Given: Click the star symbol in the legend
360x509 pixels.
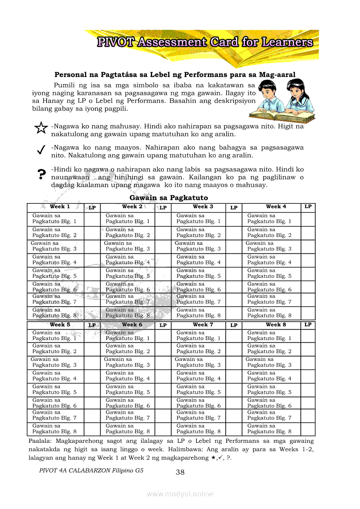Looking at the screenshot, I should [x=41, y=128].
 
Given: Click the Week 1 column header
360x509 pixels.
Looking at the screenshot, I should [x=60, y=207].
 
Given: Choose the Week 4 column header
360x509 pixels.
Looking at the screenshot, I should [x=276, y=207].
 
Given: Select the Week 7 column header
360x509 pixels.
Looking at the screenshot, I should [x=203, y=325].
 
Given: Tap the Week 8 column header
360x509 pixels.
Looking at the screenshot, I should [x=276, y=325].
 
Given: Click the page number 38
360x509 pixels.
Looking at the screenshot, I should [x=180, y=472].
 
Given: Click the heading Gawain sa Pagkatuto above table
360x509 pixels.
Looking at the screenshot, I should [x=169, y=198].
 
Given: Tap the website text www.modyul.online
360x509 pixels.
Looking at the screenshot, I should [x=180, y=494].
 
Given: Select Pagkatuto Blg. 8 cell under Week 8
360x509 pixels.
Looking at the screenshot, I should [x=269, y=429].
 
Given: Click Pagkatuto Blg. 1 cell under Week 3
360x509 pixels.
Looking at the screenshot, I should [x=198, y=219].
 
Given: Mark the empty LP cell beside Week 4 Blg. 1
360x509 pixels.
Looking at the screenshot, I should [x=308, y=219].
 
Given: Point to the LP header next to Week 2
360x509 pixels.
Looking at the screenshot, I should [x=163, y=208].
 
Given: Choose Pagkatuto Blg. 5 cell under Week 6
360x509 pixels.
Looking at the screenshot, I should [x=128, y=389].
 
